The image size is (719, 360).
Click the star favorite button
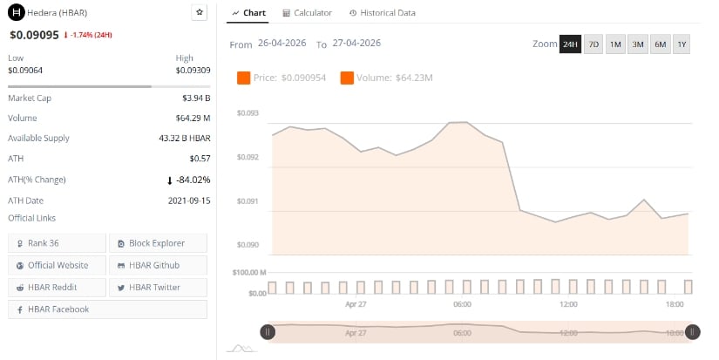click(x=200, y=13)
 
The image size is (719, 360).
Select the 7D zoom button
click(x=594, y=44)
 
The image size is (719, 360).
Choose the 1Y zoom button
click(x=681, y=44)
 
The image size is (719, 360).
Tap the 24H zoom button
click(x=570, y=44)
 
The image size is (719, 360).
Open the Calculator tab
click(x=307, y=13)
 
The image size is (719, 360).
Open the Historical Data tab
click(x=382, y=13)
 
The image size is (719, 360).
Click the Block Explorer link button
click(x=158, y=242)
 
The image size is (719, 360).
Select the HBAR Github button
click(x=158, y=265)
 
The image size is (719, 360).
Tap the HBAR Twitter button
click(x=158, y=287)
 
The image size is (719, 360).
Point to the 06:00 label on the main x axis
click(x=462, y=304)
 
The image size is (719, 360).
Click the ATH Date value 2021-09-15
click(x=188, y=200)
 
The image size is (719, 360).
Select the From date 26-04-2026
click(x=281, y=44)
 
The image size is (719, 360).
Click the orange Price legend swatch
click(x=244, y=78)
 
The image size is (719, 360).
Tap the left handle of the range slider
click(x=268, y=331)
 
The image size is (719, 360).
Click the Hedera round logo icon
click(x=14, y=13)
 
